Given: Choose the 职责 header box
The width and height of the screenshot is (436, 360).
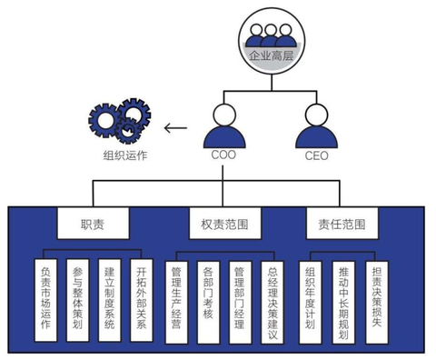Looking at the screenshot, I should pos(93,224).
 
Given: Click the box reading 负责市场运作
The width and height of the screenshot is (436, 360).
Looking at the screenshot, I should pos(48,299).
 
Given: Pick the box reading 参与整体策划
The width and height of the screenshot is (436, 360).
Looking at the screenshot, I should pos(79,299).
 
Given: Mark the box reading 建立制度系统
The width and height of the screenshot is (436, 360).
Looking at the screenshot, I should pos(110,299).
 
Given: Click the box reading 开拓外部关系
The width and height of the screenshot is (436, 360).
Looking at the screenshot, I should pos(141,299).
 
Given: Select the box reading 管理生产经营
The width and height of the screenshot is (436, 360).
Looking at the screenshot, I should pos(177,299).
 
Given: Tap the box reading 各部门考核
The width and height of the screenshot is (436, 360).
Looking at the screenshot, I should pos(208,299).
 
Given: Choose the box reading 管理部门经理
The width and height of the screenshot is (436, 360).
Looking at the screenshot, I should pos(239,299).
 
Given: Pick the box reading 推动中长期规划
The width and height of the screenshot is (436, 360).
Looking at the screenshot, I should pos(344,299).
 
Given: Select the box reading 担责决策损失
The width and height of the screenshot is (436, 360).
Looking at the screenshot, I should pos(376,299).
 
